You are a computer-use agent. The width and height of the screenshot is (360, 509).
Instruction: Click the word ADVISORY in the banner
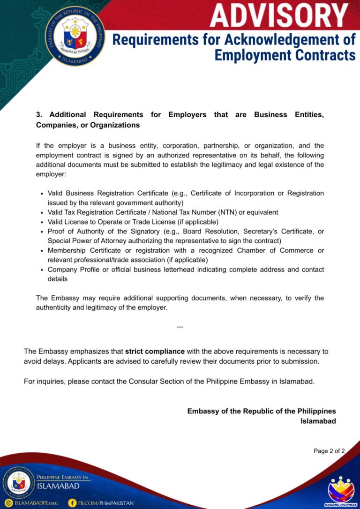pyautogui.click(x=279, y=15)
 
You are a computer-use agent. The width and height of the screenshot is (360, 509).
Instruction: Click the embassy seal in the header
pyautogui.click(x=75, y=36)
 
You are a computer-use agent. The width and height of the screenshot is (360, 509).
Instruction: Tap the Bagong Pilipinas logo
pyautogui.click(x=341, y=489)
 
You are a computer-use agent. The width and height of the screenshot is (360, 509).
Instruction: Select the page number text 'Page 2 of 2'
pyautogui.click(x=329, y=451)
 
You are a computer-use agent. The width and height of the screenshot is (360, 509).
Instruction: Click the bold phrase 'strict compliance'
pyautogui.click(x=155, y=351)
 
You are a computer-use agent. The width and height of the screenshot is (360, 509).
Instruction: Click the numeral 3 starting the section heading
pyautogui.click(x=38, y=115)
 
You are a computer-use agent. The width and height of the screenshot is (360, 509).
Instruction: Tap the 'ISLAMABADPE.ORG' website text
pyautogui.click(x=36, y=503)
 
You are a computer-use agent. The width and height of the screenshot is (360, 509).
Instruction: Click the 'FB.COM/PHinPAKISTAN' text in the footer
pyautogui.click(x=105, y=503)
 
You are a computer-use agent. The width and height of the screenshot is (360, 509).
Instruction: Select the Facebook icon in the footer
pyautogui.click(x=72, y=503)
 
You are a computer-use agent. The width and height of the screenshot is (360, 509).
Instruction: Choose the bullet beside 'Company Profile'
pyautogui.click(x=42, y=270)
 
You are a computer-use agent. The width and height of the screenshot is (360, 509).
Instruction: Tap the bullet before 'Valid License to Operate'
pyautogui.click(x=42, y=222)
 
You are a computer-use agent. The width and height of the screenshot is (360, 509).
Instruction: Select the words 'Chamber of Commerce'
pyautogui.click(x=275, y=250)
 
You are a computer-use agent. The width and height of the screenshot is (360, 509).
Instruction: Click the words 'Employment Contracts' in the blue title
pyautogui.click(x=285, y=55)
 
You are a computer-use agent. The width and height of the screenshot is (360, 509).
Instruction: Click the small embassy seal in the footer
pyautogui.click(x=19, y=483)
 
